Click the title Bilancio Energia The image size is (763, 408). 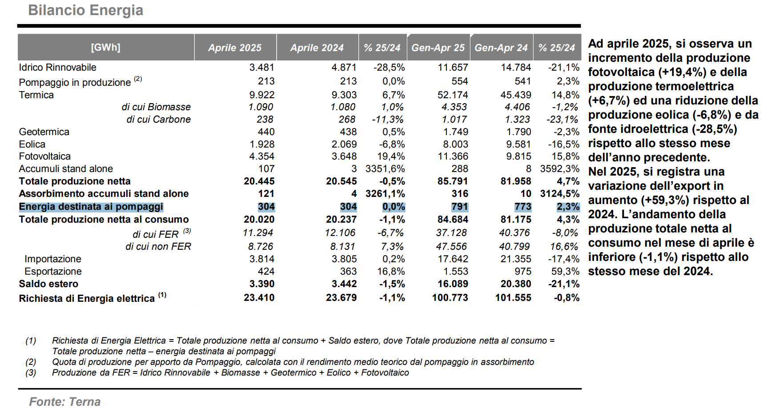click(x=85, y=10)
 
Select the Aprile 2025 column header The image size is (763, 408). click(x=235, y=48)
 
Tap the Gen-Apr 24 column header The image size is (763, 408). click(x=501, y=48)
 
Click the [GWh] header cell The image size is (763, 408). click(x=106, y=47)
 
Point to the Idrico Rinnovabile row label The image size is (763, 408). click(x=57, y=68)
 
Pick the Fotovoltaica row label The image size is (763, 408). click(x=44, y=156)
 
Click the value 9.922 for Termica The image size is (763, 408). click(x=262, y=95)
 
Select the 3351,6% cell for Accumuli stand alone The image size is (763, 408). click(x=385, y=169)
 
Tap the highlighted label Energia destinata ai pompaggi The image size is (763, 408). click(x=91, y=207)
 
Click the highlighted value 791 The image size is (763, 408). click(x=459, y=207)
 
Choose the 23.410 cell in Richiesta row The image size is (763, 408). click(x=259, y=298)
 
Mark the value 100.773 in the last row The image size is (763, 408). click(x=450, y=298)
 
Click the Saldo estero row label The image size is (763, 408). click(x=48, y=284)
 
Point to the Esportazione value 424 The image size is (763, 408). click(x=266, y=272)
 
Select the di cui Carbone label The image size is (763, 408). click(x=158, y=120)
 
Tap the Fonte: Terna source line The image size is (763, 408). click(x=65, y=402)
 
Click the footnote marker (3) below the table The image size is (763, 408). click(x=31, y=372)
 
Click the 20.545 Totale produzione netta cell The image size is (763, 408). click(x=341, y=181)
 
